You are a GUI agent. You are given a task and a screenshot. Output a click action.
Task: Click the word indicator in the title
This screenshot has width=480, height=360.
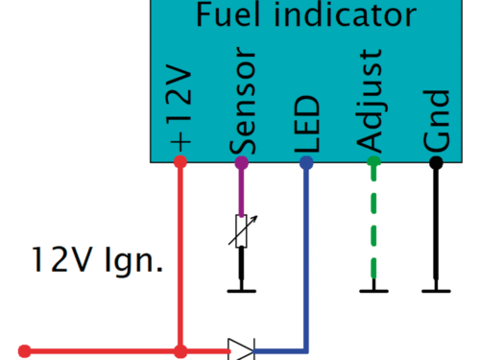coord(340,15)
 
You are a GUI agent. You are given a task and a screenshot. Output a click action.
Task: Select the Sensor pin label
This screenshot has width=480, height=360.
coord(243,107)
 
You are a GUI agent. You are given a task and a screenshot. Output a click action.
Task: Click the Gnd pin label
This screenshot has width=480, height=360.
coord(437,122)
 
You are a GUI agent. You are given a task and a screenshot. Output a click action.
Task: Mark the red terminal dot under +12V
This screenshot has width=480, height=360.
coord(180,162)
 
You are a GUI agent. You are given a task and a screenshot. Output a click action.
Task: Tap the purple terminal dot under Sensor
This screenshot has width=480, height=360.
coord(242,162)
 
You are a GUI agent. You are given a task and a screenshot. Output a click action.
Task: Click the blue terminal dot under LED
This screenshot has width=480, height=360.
coord(306,162)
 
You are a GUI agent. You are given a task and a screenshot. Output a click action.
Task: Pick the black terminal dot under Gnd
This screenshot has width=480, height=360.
coord(437,162)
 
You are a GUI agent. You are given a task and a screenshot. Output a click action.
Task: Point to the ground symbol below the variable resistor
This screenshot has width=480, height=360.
coord(242,289)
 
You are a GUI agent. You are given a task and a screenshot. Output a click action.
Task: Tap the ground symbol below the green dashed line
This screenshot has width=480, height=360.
coord(373,289)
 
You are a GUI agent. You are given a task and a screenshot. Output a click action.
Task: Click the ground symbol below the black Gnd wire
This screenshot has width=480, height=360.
coord(437,289)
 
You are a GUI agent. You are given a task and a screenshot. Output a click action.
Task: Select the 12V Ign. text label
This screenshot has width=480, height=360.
coord(96,259)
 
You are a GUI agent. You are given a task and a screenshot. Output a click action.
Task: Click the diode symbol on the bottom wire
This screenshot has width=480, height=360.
coord(241,350)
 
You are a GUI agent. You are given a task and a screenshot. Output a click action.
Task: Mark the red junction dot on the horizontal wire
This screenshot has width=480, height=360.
coord(180,351)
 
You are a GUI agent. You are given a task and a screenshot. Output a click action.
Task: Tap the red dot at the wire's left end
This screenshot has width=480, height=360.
coord(26,351)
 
